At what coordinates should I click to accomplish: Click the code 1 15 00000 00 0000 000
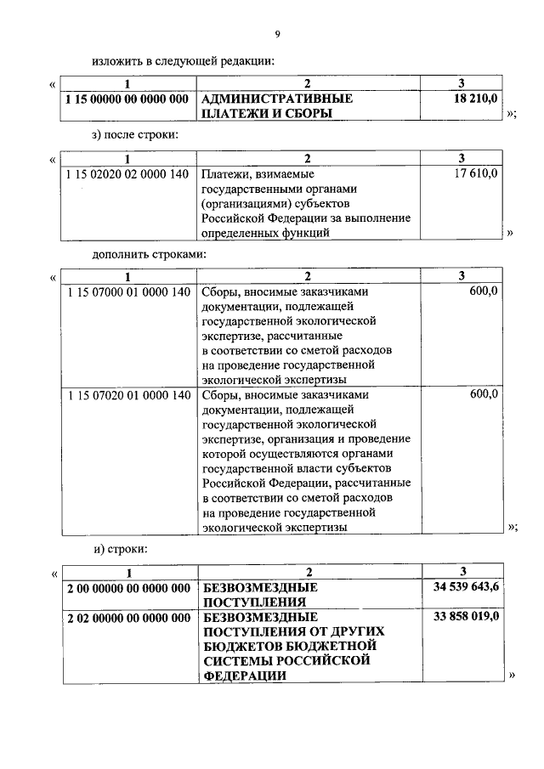click(127, 99)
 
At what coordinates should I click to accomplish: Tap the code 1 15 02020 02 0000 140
click(127, 173)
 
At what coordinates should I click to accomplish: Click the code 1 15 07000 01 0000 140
click(127, 291)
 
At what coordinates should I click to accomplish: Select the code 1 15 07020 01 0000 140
click(127, 395)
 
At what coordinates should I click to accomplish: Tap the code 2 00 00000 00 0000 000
click(127, 588)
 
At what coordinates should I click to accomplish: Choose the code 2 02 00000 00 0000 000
click(127, 617)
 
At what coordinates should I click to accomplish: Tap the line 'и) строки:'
click(121, 549)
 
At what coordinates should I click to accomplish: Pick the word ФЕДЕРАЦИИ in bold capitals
click(243, 676)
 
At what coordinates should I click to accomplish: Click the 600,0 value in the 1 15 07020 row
click(483, 395)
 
